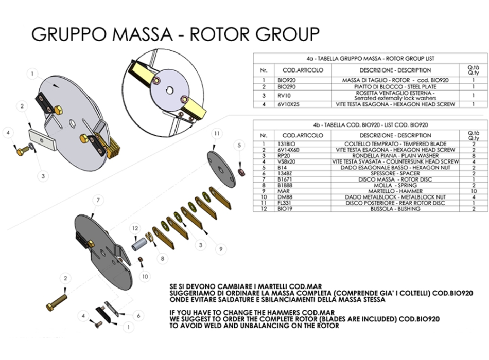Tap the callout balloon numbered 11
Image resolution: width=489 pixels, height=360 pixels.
tap(218, 133)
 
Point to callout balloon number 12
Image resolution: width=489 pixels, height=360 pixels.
tap(135, 227)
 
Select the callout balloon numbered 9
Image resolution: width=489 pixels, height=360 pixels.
tap(220, 249)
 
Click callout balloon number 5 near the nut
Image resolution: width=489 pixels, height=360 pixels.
tap(238, 146)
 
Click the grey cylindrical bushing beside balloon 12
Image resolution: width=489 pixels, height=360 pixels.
tap(139, 244)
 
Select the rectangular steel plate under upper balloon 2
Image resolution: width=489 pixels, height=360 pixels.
tap(42, 137)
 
